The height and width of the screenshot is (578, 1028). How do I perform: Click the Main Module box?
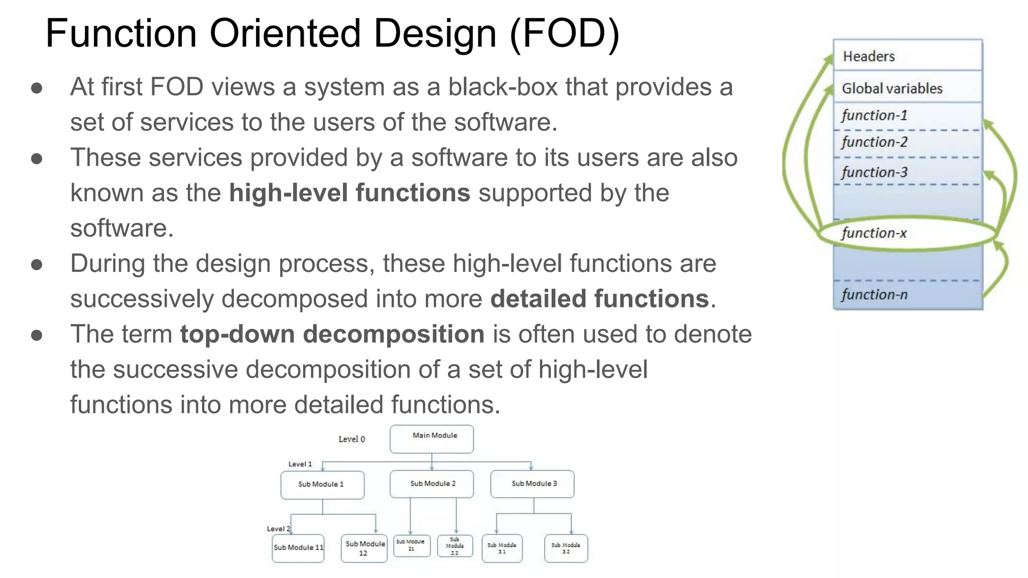coord(432,439)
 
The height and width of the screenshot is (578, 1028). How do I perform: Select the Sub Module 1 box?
coord(322,485)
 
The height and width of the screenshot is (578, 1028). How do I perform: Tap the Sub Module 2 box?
coord(432,484)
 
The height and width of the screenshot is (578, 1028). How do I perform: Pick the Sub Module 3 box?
coord(533,484)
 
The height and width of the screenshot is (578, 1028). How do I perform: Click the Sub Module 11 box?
coord(298,548)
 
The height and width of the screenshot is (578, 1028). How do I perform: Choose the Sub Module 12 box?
coord(364,548)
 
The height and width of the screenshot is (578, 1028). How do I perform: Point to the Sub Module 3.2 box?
coord(566,548)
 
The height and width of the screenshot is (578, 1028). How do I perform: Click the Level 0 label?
coord(351,440)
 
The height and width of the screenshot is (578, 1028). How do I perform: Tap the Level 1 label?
coord(300,464)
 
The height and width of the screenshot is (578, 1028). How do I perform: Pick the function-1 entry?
coord(874,116)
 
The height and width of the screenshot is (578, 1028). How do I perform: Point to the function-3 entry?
coord(874,173)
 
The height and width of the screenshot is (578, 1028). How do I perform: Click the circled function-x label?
coord(874,233)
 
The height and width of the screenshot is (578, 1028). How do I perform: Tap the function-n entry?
coord(874,295)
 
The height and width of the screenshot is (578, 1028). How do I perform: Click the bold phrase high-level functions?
coord(349,193)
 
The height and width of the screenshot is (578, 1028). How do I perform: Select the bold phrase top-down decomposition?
coord(332,334)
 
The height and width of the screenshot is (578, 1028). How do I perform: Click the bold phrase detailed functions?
coord(599,299)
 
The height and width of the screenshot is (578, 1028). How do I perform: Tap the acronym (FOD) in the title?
coord(565,34)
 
